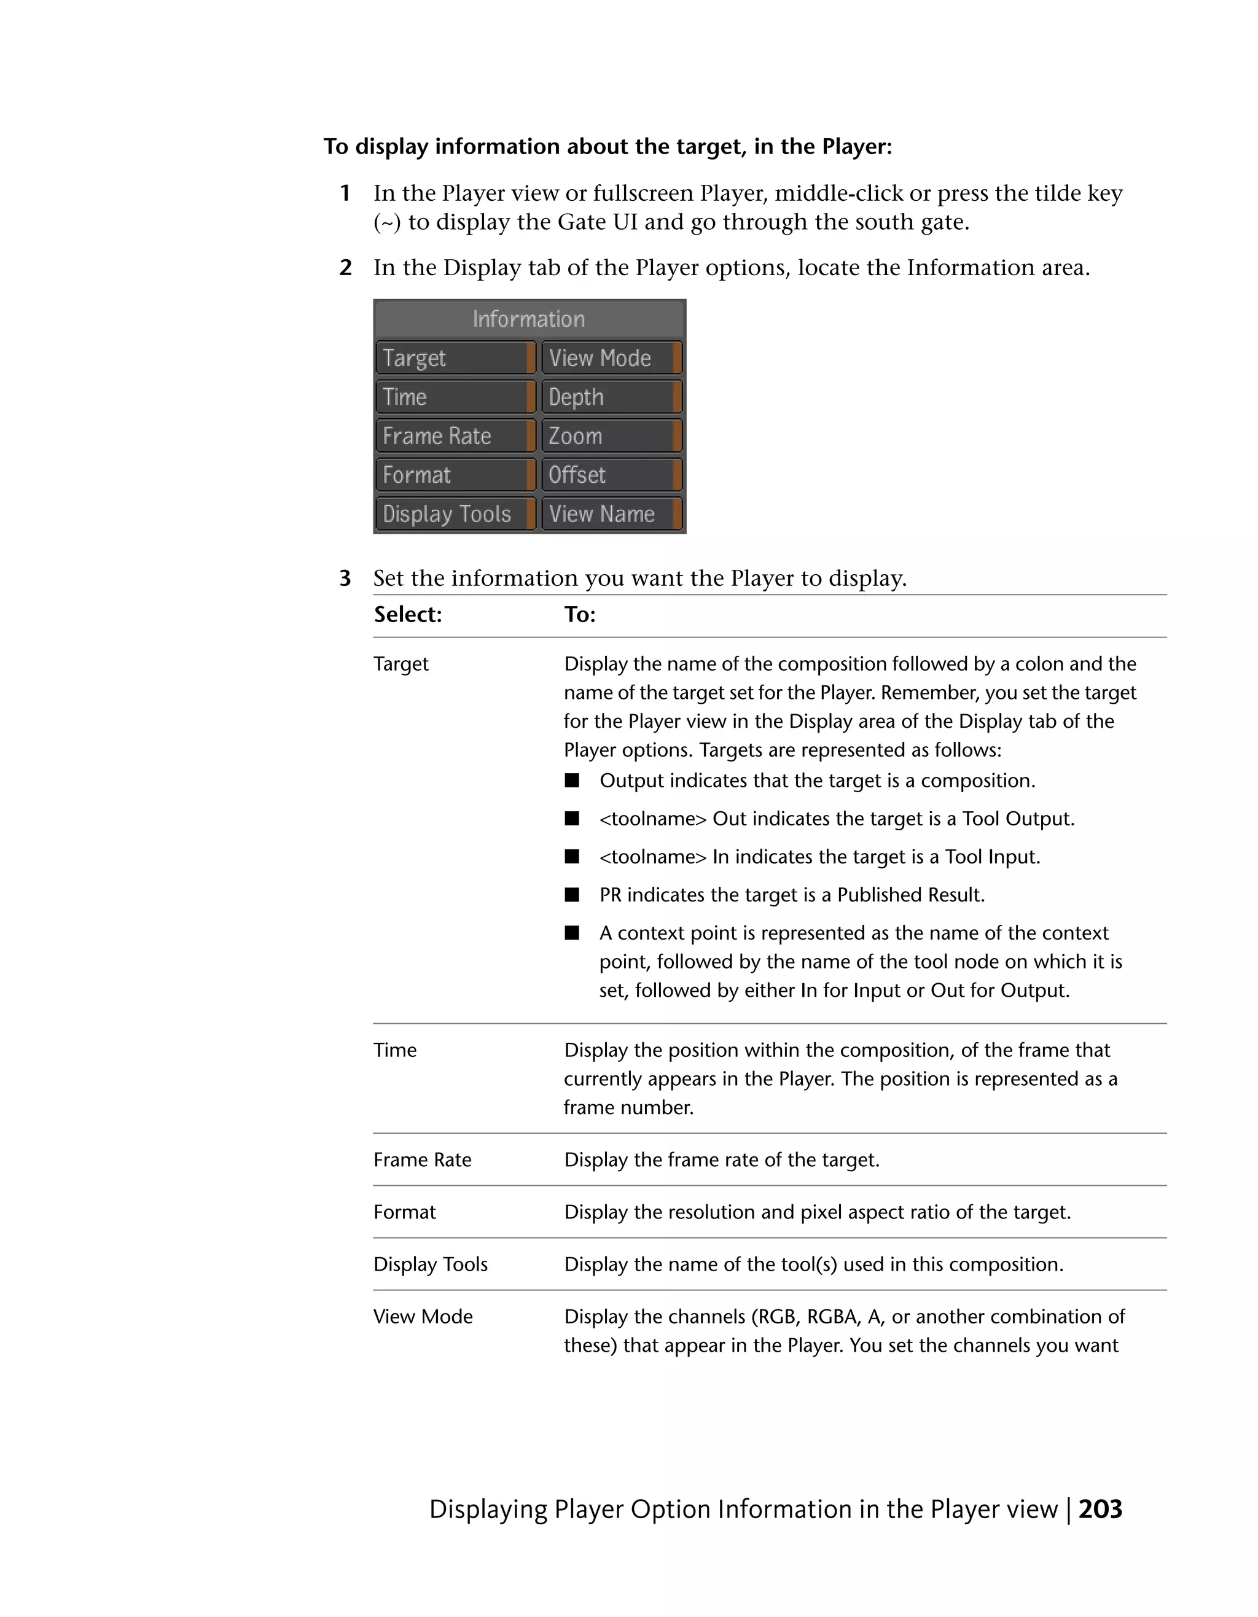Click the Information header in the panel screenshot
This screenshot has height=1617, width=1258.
click(x=529, y=319)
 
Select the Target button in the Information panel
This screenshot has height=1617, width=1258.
click(x=455, y=359)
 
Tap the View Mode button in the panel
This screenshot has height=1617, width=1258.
click(x=611, y=359)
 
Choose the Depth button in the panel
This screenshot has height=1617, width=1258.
click(x=611, y=397)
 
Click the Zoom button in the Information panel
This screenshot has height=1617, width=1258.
click(x=611, y=436)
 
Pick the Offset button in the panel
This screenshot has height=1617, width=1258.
click(x=611, y=475)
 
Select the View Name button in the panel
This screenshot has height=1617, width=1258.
click(x=611, y=514)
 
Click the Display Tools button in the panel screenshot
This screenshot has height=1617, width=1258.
click(x=455, y=514)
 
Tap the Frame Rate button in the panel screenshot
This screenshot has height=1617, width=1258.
click(x=455, y=436)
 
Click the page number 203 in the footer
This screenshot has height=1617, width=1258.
click(x=1100, y=1510)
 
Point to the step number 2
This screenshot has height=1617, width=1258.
click(x=345, y=268)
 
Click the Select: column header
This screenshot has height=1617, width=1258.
click(x=407, y=615)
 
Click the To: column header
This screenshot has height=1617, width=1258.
click(x=580, y=615)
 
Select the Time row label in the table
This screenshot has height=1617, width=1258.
click(x=394, y=1050)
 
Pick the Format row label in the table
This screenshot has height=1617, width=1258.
click(x=404, y=1212)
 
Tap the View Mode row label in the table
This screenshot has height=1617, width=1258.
click(x=423, y=1317)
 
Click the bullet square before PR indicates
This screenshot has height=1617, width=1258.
click(x=572, y=894)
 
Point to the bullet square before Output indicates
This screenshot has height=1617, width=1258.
click(x=572, y=781)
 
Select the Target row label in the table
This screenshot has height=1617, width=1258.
click(x=400, y=664)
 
